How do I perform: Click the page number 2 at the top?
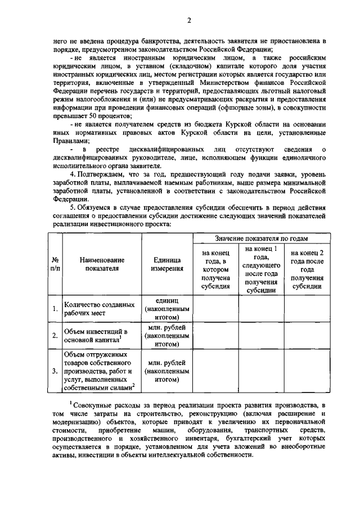coord(190,21)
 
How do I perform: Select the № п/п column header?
coord(55,264)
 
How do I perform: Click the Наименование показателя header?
coord(101,264)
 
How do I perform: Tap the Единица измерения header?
coord(166,264)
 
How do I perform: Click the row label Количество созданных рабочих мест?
coord(99,309)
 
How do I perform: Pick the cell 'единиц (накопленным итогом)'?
coord(166,309)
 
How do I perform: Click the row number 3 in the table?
coord(55,371)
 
